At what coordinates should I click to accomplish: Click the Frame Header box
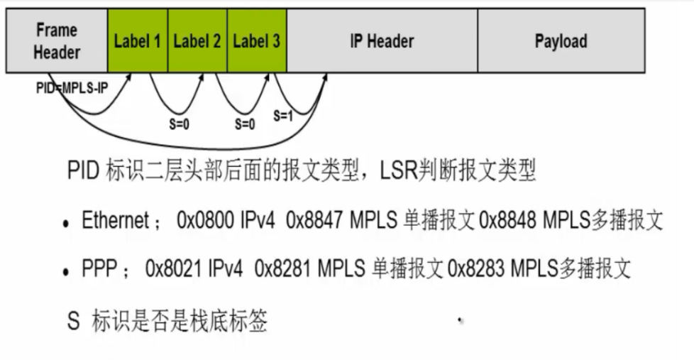click(57, 40)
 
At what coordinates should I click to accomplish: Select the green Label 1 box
click(138, 40)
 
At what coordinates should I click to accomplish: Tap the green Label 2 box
click(197, 40)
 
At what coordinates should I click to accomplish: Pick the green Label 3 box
click(257, 40)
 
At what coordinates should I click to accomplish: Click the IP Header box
click(382, 40)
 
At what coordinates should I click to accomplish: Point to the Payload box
click(561, 40)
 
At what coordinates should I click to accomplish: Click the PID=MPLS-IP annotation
click(72, 89)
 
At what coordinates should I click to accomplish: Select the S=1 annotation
click(282, 114)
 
